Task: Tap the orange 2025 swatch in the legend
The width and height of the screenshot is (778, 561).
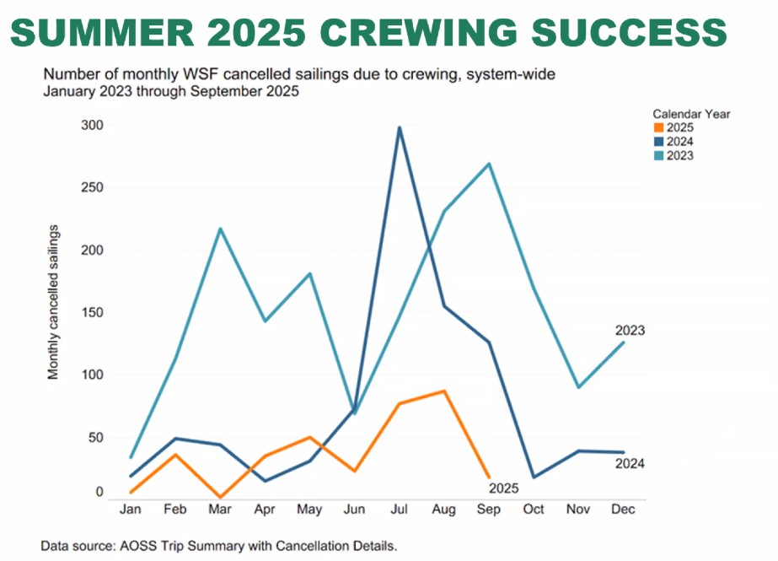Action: coord(658,127)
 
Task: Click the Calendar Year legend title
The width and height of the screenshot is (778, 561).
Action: coord(691,113)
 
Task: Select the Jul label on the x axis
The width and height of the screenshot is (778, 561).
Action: coord(399,510)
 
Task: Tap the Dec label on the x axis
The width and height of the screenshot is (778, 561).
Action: coord(623,510)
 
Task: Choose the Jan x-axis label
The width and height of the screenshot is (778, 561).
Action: coord(130,510)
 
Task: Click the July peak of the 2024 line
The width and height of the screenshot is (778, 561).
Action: coord(399,127)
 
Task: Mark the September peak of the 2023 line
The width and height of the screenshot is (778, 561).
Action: coord(489,164)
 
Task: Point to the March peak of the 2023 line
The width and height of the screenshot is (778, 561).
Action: coord(219,229)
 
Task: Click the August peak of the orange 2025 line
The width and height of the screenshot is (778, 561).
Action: coord(444,391)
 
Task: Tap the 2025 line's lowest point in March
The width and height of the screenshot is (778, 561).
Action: coord(219,497)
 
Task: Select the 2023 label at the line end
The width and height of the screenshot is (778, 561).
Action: coord(630,330)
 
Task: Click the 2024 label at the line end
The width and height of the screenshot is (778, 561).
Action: coord(630,463)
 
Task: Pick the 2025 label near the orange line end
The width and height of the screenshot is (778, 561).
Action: coord(504,488)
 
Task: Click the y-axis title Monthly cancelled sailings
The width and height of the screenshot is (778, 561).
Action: coord(54,301)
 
